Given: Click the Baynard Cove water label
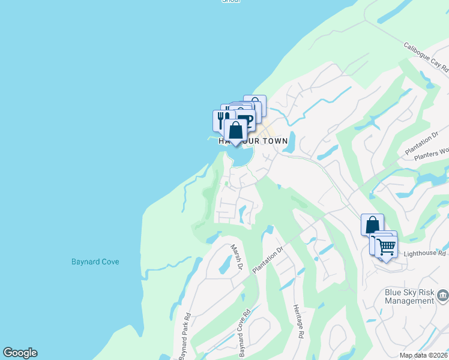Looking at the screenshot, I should [95, 262].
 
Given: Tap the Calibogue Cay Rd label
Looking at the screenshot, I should [426, 55].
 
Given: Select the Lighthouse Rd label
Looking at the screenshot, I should [425, 254].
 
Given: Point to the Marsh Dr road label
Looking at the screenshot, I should [237, 257].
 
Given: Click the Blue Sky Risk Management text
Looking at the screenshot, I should [409, 296].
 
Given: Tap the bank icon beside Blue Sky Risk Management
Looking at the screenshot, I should [443, 295].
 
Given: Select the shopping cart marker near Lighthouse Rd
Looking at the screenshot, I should [387, 246].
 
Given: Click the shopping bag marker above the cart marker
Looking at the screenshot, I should [372, 225].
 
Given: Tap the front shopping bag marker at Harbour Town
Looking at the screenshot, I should [236, 130].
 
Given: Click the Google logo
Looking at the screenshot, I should [20, 353].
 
